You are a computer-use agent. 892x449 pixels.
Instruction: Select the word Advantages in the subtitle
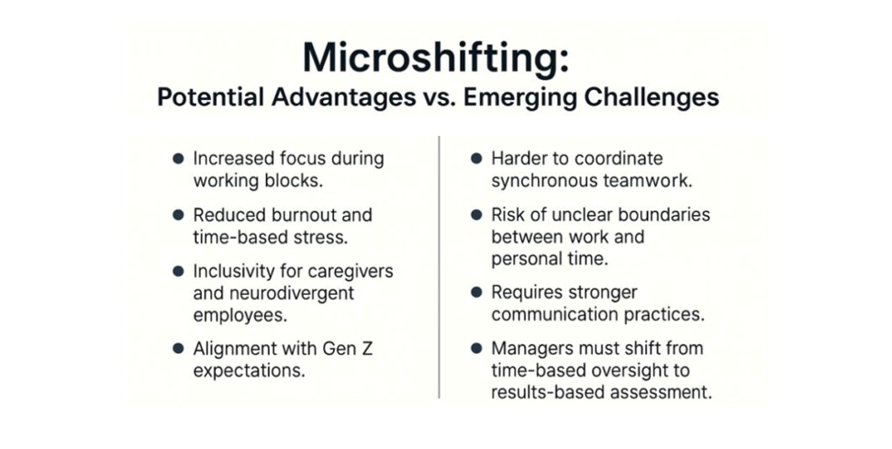pyautogui.click(x=343, y=97)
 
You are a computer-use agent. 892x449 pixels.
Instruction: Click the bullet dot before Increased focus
pyautogui.click(x=178, y=158)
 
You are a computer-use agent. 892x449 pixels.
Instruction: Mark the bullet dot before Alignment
pyautogui.click(x=178, y=348)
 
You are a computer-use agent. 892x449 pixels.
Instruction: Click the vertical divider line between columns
pyautogui.click(x=440, y=267)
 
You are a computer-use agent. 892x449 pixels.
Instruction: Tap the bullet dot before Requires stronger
pyautogui.click(x=476, y=293)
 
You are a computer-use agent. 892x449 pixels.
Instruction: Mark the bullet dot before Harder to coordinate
pyautogui.click(x=476, y=158)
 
